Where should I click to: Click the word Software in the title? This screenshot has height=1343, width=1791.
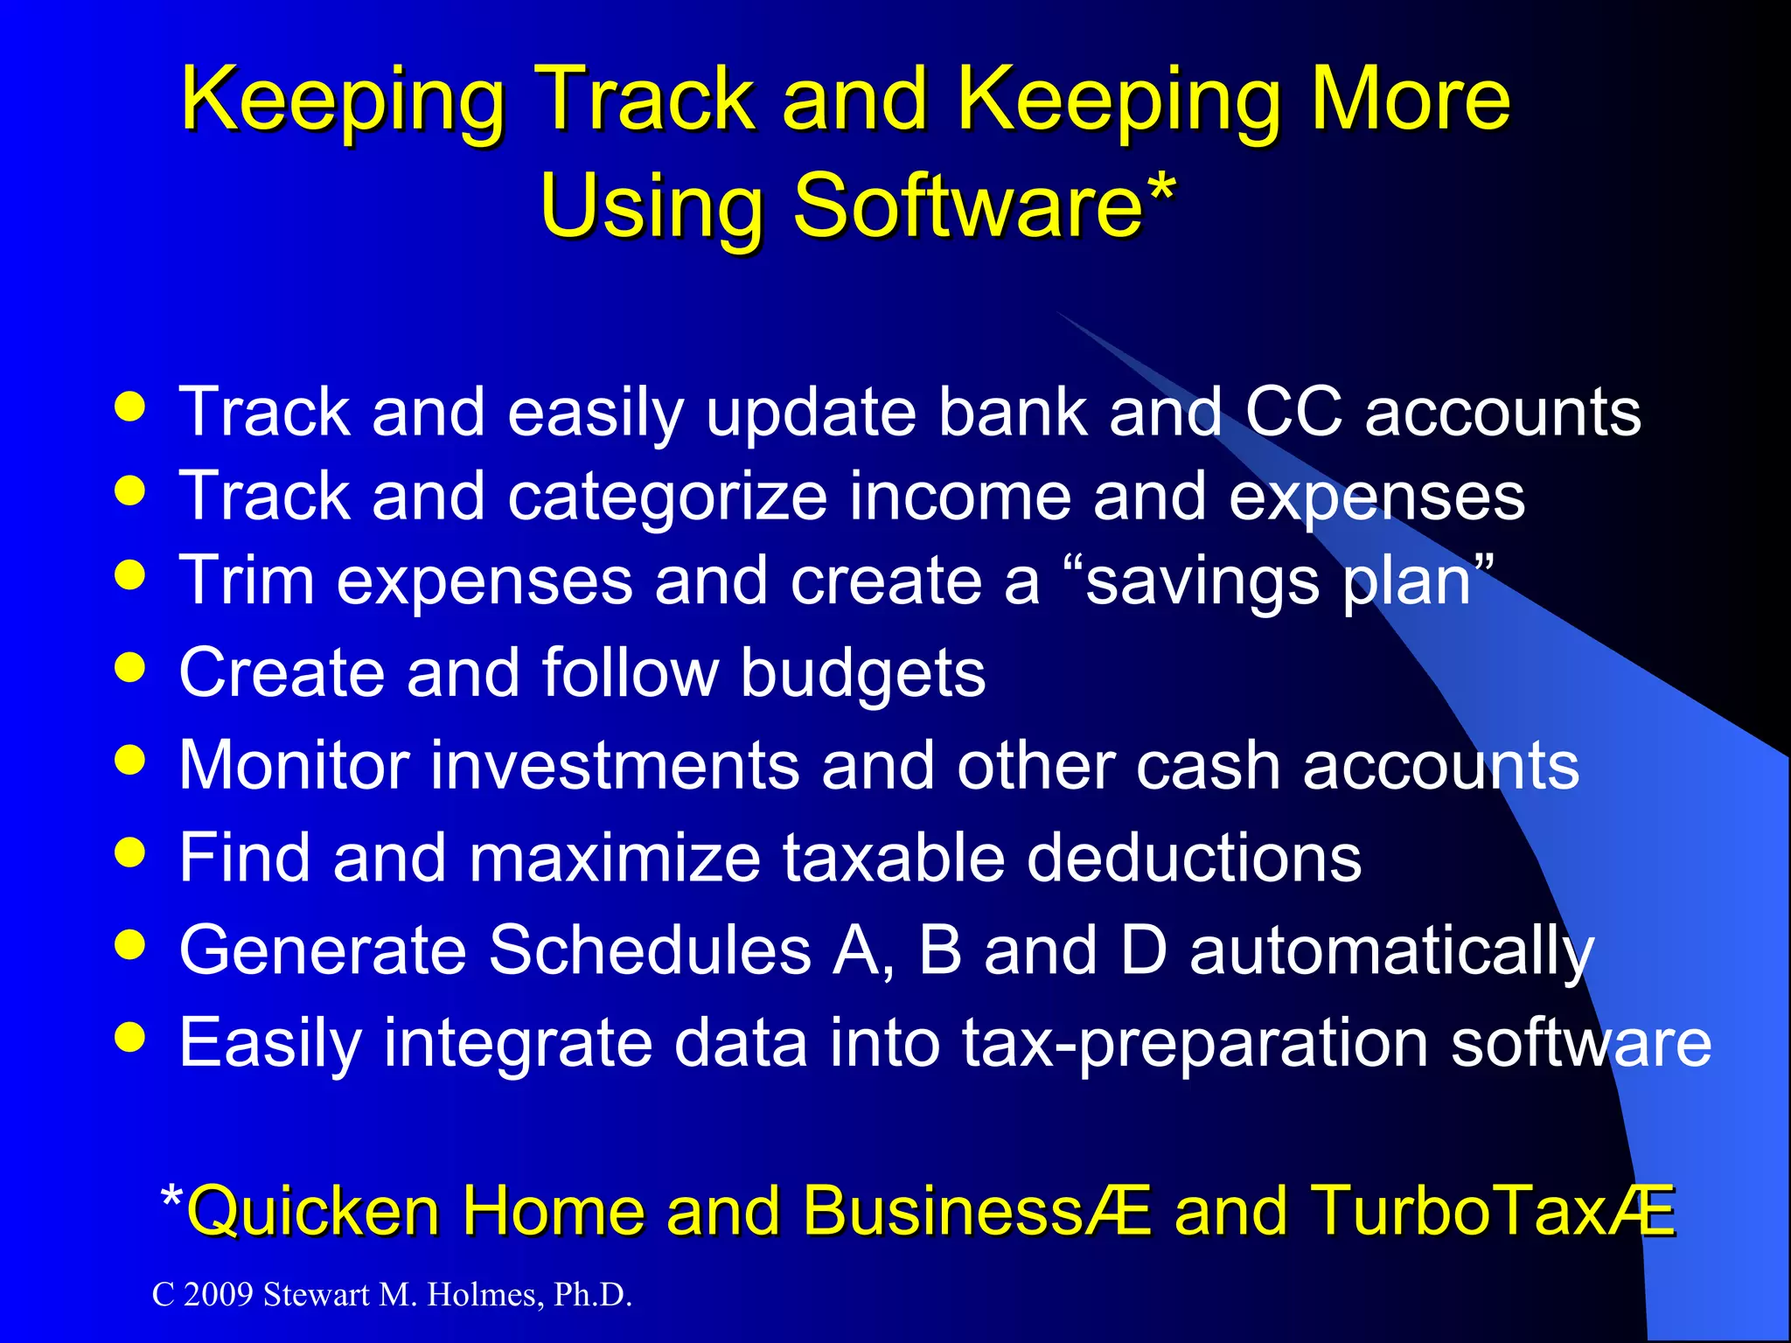(966, 205)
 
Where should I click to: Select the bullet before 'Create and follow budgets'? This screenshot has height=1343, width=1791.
(130, 669)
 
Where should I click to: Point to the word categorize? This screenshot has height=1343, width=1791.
(666, 497)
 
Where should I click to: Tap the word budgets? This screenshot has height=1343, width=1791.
(862, 673)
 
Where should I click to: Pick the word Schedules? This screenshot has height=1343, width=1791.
(650, 950)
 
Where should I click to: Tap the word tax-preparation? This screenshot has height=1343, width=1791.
(1195, 1043)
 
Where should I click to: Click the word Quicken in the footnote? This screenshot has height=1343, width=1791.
(313, 1212)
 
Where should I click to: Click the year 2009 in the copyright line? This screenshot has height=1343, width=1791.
(219, 1295)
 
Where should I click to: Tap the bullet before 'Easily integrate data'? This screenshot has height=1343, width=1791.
(130, 1038)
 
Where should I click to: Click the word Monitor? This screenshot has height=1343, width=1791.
(294, 765)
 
